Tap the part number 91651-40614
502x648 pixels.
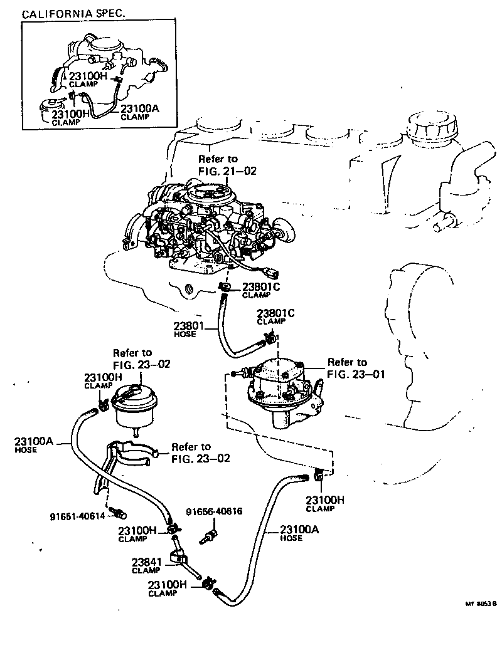(77, 516)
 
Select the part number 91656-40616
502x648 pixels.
(213, 511)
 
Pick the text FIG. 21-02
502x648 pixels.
(227, 170)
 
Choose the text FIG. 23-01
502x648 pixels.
(356, 374)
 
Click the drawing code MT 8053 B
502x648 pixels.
(480, 604)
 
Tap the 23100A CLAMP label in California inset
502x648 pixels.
(139, 112)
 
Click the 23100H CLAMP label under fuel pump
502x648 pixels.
(324, 503)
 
